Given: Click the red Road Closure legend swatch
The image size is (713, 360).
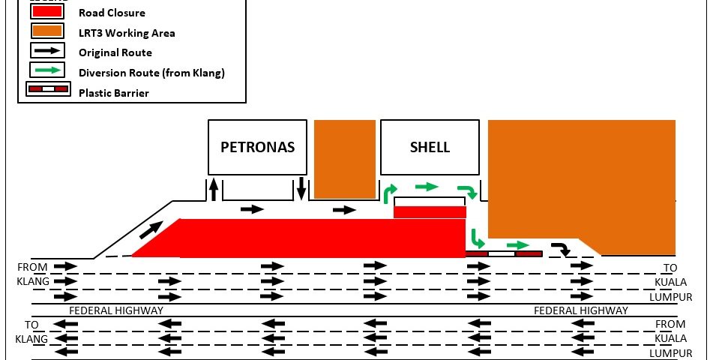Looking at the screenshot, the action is (x=46, y=12).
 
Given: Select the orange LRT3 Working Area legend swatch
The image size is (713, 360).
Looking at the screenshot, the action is (x=46, y=31).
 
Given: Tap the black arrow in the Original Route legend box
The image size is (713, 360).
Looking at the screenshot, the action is (x=47, y=50).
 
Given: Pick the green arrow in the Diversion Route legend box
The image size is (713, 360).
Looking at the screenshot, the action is (x=47, y=70).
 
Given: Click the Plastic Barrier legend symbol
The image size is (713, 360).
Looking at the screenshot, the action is (x=48, y=89).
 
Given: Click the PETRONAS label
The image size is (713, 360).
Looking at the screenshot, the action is (x=257, y=147).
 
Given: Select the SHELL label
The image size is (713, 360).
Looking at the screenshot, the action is (x=430, y=147).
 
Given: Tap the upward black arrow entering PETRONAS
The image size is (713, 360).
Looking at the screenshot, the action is (x=213, y=189).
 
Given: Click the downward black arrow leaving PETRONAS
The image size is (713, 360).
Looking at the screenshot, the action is (x=301, y=189).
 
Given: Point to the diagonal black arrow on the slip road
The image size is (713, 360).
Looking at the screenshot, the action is (x=151, y=229).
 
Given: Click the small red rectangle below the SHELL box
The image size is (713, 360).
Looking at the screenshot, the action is (x=430, y=212).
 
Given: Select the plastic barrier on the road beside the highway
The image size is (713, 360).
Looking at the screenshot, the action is (x=504, y=253).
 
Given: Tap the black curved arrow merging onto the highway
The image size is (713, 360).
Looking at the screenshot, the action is (x=562, y=248).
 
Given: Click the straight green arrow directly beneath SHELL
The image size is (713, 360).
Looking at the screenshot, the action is (x=427, y=186).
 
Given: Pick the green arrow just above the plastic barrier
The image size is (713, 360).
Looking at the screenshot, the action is (x=518, y=245).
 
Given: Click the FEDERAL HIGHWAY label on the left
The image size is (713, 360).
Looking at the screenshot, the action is (x=116, y=310).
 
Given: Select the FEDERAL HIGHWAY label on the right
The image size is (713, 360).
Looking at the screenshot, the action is (x=581, y=310).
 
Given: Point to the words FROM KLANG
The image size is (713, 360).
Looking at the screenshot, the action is (x=33, y=274).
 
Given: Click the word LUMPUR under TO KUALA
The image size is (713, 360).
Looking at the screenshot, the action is (x=671, y=297).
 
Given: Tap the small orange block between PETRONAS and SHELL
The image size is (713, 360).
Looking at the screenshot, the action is (x=345, y=159).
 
